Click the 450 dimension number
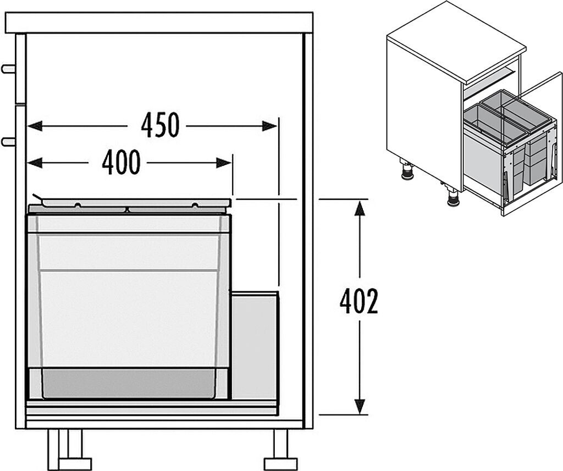tap(160, 126)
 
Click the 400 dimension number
tap(121, 162)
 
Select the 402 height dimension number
tap(359, 302)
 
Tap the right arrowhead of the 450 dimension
tap(270, 126)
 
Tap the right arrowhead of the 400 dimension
tap(224, 162)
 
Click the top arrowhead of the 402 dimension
tap(360, 208)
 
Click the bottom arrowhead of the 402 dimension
tap(360, 407)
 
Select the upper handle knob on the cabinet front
tap(8, 69)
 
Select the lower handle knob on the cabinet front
tap(8, 141)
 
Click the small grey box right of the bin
tap(255, 346)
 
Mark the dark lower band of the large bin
tap(129, 383)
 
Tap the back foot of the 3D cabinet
tap(407, 172)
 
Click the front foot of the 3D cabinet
tap(453, 198)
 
